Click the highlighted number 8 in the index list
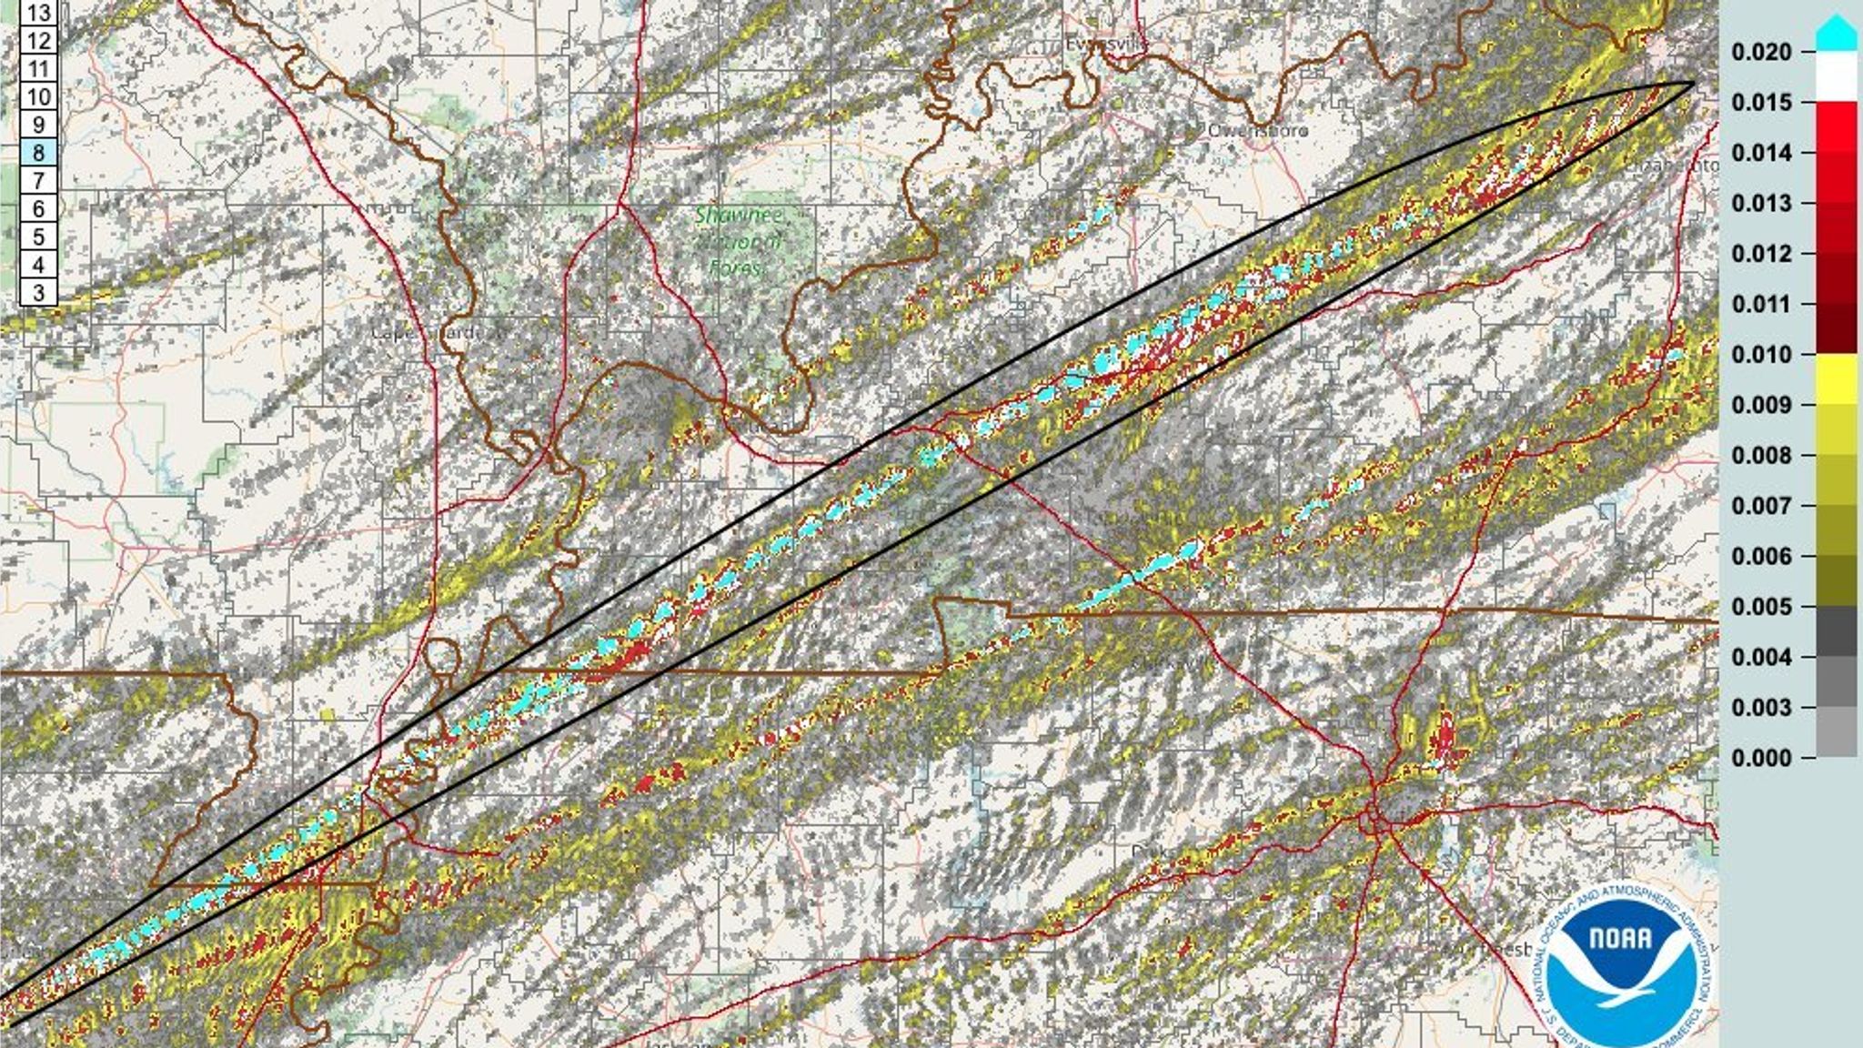pos(38,153)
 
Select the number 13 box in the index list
pos(38,13)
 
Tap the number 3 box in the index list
pos(38,293)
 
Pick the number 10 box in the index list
pos(38,96)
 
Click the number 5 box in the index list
pos(38,237)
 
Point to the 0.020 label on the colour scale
pos(1761,53)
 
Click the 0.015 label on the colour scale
pos(1761,103)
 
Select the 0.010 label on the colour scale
pos(1761,355)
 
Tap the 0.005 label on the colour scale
pos(1761,607)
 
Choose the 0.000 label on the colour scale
pos(1761,758)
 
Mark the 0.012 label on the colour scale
pos(1761,254)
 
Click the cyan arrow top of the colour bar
pos(1836,35)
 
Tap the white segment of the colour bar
pos(1836,76)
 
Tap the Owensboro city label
pos(1257,131)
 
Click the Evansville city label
pos(1106,44)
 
